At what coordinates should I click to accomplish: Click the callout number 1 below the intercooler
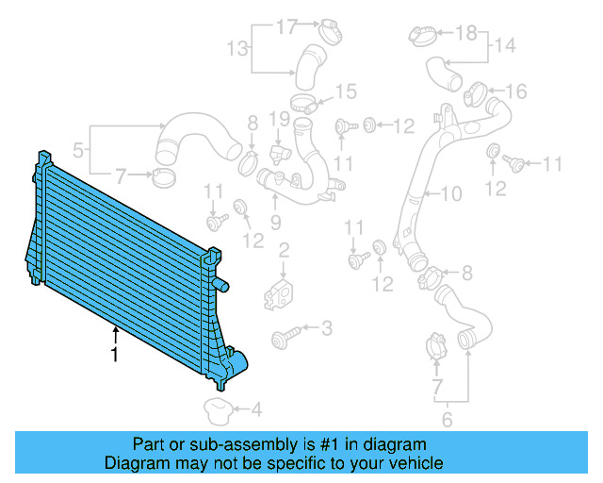tap(114, 356)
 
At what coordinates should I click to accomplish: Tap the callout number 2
tap(283, 250)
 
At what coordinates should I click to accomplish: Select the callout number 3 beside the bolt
tap(327, 328)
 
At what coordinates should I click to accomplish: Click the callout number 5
tap(79, 148)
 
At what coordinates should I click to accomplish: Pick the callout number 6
tap(448, 420)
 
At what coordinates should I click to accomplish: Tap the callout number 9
tap(276, 223)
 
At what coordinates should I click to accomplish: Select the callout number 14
tap(505, 44)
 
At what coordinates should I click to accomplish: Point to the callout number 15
tap(347, 92)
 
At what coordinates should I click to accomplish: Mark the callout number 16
tap(516, 91)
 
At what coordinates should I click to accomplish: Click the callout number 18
tap(467, 34)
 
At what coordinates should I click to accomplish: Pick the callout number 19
tap(277, 119)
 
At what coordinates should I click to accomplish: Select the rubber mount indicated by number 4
tap(219, 409)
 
